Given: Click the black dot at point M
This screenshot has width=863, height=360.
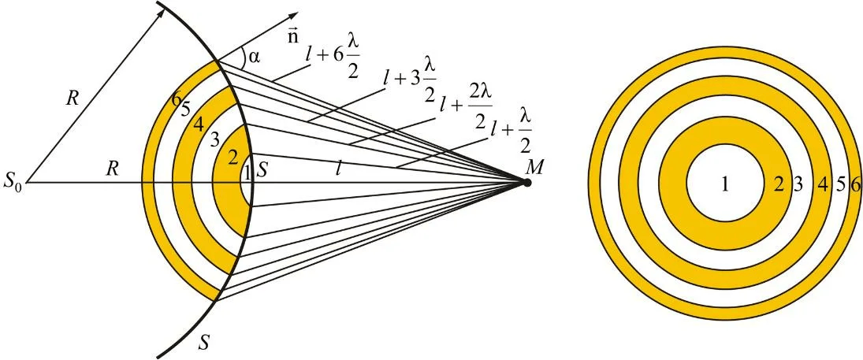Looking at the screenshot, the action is pyautogui.click(x=526, y=183).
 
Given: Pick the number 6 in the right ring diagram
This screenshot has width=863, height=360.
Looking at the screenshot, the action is pyautogui.click(x=855, y=184).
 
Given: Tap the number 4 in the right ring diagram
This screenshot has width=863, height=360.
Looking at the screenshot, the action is pyautogui.click(x=823, y=184).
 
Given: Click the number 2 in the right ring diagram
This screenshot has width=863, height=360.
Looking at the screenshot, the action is pyautogui.click(x=779, y=184).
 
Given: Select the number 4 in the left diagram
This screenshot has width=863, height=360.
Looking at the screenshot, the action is pyautogui.click(x=199, y=124).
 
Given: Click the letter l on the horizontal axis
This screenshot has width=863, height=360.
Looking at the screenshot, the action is pyautogui.click(x=338, y=168).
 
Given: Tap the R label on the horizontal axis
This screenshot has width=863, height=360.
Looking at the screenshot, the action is pyautogui.click(x=113, y=169).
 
